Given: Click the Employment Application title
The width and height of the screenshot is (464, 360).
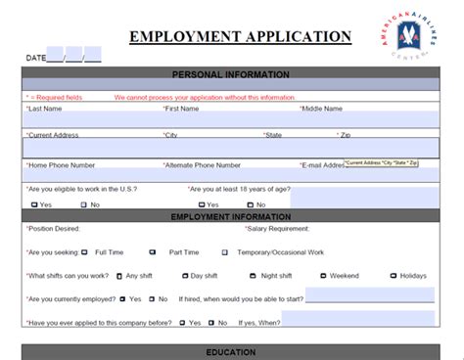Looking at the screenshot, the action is pos(240,37).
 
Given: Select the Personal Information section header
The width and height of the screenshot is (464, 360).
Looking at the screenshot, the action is pos(230,74).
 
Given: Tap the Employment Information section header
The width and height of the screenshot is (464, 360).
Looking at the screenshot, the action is pos(230,216).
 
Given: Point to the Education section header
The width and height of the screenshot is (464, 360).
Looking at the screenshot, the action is pos(230,351).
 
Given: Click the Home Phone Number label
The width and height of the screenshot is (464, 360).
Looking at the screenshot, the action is pos(65,164).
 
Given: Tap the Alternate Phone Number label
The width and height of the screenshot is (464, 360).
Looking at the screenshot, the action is pos(207,164).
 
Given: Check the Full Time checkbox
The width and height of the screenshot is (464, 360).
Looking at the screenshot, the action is pos(84,252).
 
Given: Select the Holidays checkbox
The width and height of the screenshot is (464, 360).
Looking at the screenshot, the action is pos(392,276).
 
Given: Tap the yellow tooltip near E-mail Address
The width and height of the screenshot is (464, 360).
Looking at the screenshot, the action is pos(381,162).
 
